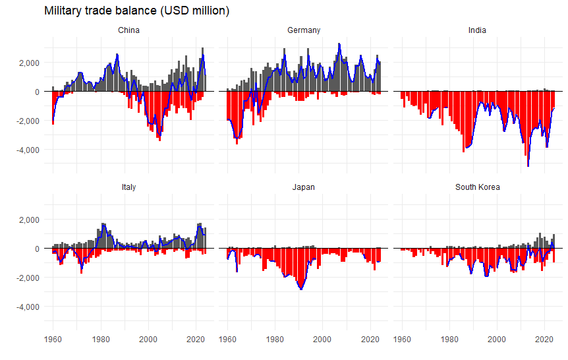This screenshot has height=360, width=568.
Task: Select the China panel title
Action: (x=128, y=30)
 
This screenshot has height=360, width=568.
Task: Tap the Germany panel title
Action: (x=304, y=30)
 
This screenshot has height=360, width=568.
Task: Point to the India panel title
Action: (x=477, y=30)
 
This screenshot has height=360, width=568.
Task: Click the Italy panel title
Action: (x=128, y=187)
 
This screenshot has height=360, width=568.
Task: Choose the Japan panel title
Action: (x=304, y=187)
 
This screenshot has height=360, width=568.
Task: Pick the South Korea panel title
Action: (x=477, y=187)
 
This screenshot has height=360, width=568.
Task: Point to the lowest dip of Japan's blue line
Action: (x=301, y=289)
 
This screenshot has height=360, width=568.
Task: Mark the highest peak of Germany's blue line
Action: (x=339, y=44)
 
